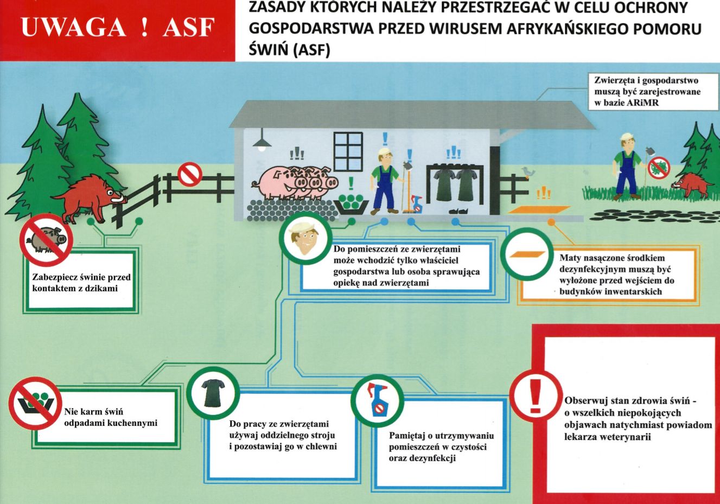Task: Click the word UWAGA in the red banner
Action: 74,27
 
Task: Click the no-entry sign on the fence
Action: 190,175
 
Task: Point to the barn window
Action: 348,152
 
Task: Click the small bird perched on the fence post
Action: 528,171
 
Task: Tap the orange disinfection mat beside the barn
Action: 539,209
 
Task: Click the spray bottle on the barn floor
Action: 417,204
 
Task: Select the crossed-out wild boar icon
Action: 46,240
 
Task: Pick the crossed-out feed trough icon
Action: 36,403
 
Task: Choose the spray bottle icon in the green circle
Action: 377,400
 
